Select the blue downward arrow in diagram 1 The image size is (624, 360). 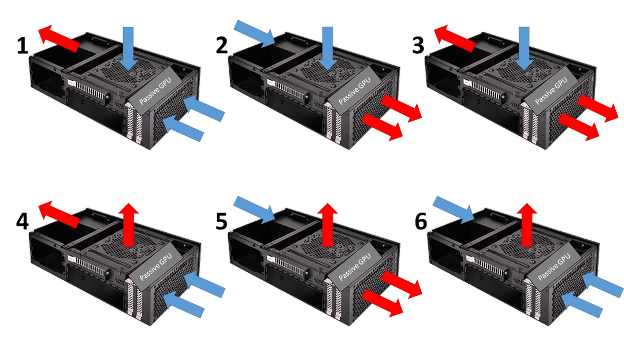point(128,44)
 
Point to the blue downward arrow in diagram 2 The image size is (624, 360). point(328,44)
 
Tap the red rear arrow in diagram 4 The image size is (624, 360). point(57,215)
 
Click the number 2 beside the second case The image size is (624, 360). point(224,44)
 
